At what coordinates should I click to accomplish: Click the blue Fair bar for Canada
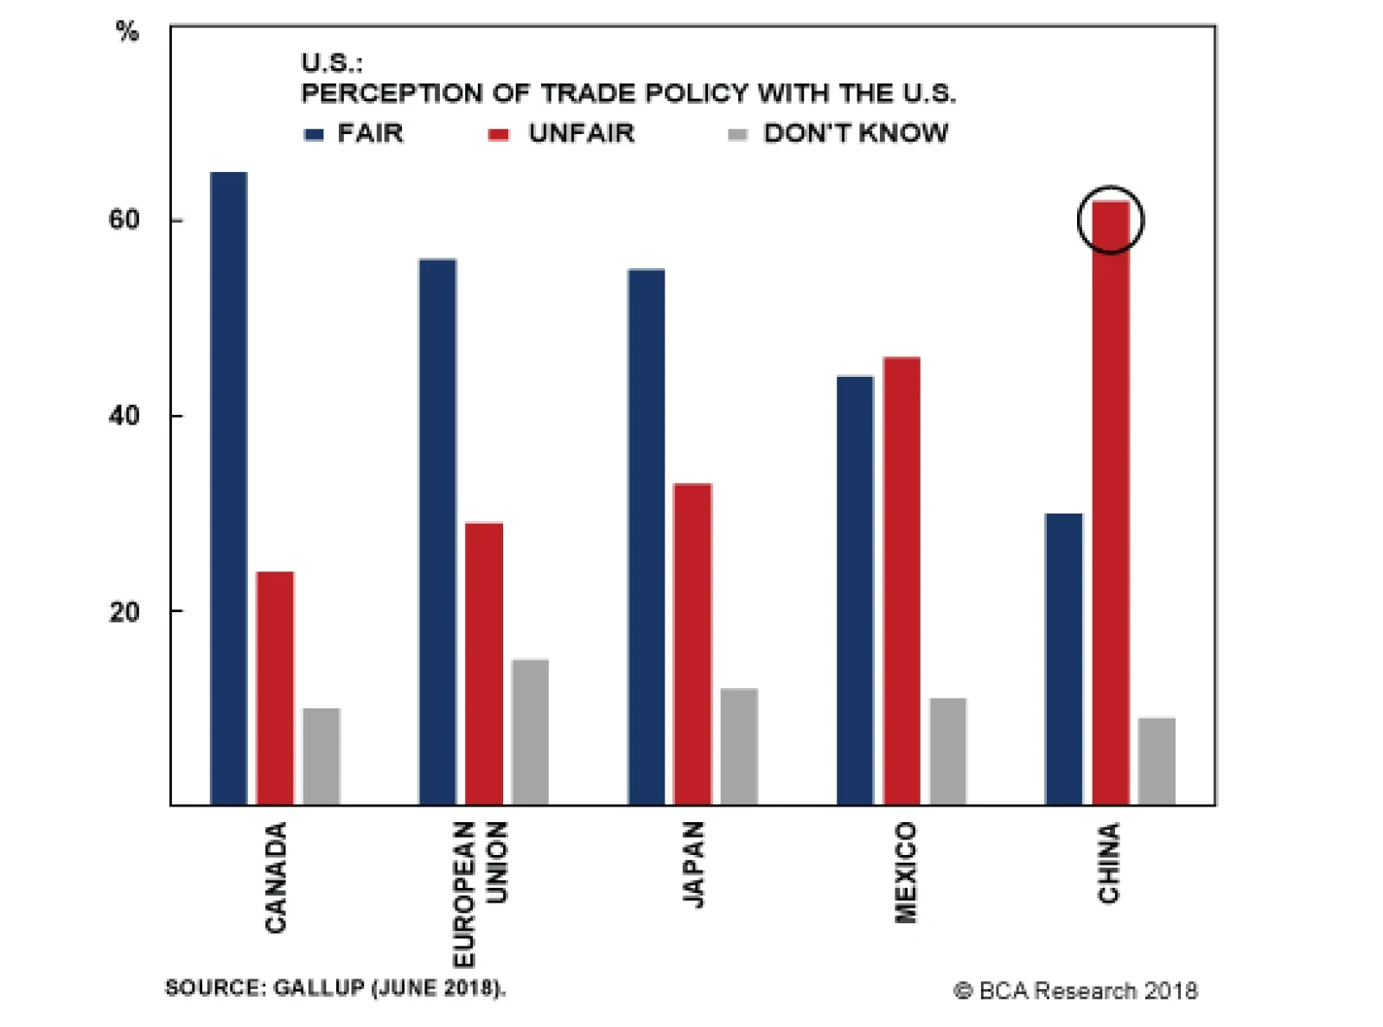click(229, 488)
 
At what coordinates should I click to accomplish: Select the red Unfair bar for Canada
click(275, 688)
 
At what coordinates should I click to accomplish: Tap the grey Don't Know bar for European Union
click(530, 732)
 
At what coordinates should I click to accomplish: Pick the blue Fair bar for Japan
click(647, 537)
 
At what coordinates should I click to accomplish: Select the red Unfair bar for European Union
click(484, 664)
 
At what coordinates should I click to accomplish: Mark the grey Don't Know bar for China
click(1157, 761)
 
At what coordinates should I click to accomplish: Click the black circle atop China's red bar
click(1111, 220)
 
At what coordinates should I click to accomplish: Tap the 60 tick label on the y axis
click(124, 220)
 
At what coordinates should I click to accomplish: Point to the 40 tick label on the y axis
click(124, 416)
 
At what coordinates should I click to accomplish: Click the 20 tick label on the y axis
click(124, 611)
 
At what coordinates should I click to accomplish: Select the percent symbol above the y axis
click(127, 32)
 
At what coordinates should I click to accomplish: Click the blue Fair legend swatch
click(314, 134)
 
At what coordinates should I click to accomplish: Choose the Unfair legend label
click(582, 133)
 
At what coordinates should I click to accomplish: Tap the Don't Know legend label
click(856, 133)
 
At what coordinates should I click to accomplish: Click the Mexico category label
click(905, 871)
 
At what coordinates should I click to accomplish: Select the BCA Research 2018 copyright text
click(1075, 991)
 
